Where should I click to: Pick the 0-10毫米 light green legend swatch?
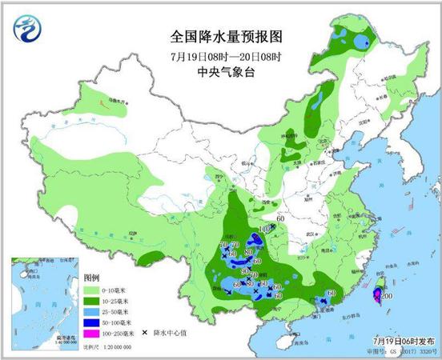(93, 289)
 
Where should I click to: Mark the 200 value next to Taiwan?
(386, 296)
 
